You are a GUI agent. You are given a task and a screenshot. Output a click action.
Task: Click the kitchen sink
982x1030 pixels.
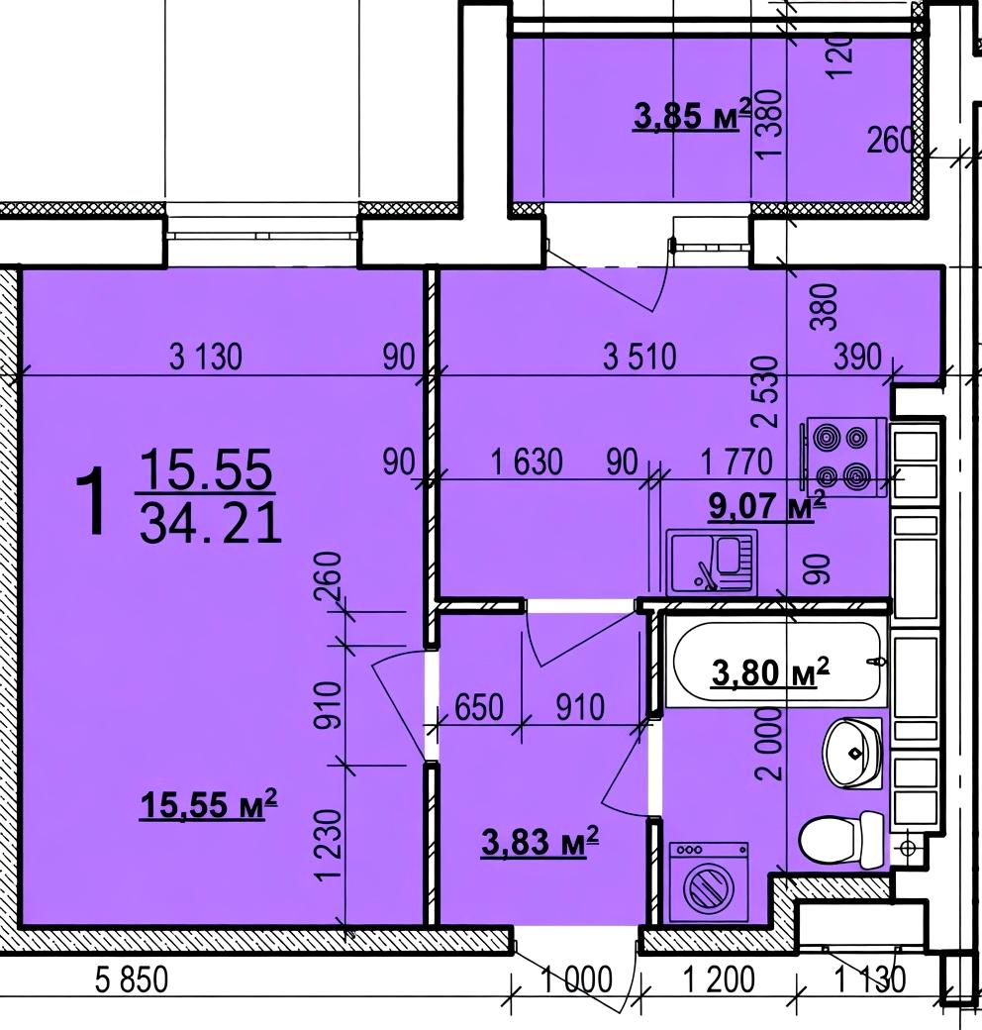pyautogui.click(x=712, y=562)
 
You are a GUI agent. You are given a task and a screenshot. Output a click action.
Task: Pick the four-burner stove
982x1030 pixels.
pyautogui.click(x=843, y=458)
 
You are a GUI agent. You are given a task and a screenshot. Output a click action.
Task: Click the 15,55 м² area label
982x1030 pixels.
pyautogui.click(x=208, y=804)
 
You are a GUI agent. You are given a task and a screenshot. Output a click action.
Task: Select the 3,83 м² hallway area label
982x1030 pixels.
pyautogui.click(x=540, y=842)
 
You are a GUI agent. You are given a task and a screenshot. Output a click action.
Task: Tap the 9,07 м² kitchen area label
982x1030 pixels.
pyautogui.click(x=766, y=506)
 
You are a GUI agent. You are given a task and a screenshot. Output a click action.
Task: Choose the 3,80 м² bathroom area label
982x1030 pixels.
pyautogui.click(x=770, y=672)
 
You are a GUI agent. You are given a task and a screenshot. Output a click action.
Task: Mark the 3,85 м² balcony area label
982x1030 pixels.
pyautogui.click(x=692, y=116)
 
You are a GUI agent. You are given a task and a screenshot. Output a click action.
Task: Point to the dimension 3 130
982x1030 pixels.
pyautogui.click(x=206, y=358)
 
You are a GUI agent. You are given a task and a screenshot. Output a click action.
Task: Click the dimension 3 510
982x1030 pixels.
pyautogui.click(x=639, y=358)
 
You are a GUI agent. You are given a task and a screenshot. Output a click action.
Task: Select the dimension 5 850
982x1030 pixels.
pyautogui.click(x=132, y=980)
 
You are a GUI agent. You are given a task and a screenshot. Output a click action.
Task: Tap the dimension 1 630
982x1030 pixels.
pyautogui.click(x=527, y=462)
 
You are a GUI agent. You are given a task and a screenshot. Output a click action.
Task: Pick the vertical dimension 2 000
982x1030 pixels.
pyautogui.click(x=769, y=743)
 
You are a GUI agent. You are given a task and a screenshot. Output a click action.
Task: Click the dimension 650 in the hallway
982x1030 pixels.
pyautogui.click(x=478, y=707)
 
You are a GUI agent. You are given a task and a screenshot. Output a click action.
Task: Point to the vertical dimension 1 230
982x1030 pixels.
pyautogui.click(x=329, y=844)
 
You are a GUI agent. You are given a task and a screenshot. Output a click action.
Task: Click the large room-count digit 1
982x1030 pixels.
pyautogui.click(x=91, y=501)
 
